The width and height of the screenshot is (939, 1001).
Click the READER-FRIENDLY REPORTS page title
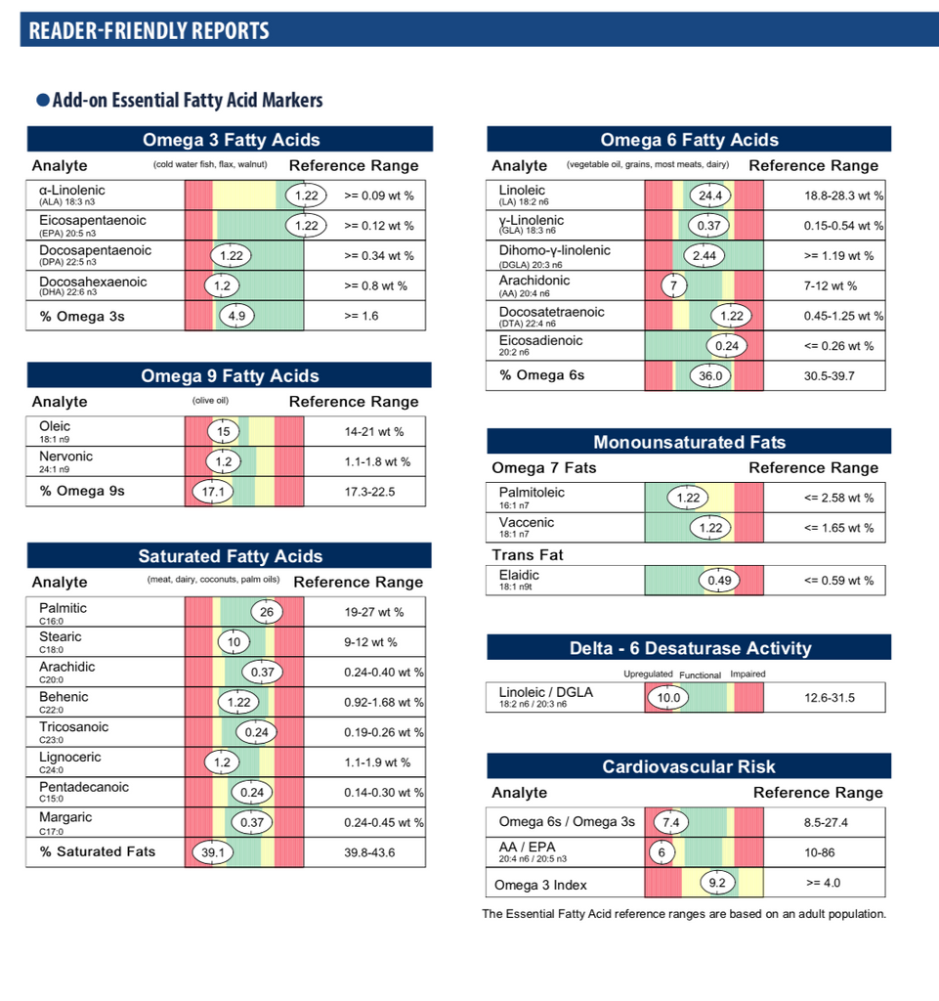click(149, 30)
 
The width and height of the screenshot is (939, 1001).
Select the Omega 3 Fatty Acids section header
click(231, 140)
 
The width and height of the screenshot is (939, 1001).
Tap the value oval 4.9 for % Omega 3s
click(235, 316)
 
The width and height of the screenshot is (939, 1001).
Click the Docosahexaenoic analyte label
click(94, 283)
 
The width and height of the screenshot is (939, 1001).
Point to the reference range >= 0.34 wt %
click(378, 256)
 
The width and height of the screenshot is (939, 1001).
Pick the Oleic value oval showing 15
click(224, 431)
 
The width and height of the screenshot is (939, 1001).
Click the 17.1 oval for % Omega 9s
click(212, 492)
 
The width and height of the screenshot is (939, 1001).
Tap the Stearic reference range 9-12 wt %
click(370, 643)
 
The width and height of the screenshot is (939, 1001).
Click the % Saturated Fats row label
click(97, 851)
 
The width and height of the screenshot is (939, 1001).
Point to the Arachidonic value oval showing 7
click(673, 285)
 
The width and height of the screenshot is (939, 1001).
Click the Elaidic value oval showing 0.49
click(718, 581)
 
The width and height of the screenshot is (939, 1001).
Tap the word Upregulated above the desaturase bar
click(648, 675)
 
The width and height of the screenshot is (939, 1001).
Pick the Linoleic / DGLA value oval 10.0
click(668, 698)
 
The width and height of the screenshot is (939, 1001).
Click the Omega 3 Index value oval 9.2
click(715, 885)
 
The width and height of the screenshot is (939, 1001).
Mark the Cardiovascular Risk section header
click(689, 766)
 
